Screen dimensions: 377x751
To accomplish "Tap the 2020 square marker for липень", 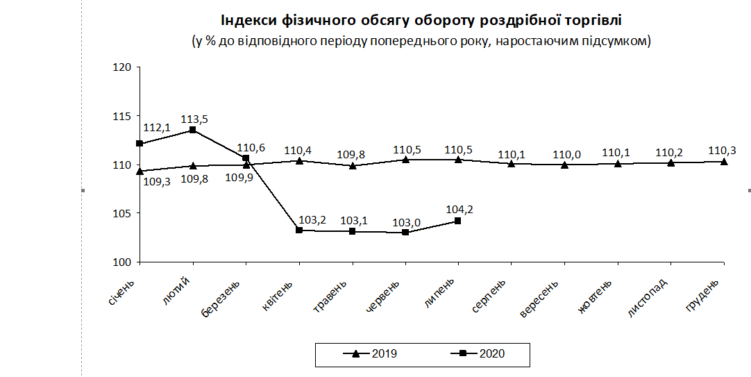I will (x=457, y=221).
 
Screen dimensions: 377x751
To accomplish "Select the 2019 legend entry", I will (x=373, y=353).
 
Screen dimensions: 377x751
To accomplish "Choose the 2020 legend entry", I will (x=482, y=353).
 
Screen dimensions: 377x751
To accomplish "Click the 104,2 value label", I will (x=460, y=208).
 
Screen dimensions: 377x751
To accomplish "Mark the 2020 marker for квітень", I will (x=299, y=230).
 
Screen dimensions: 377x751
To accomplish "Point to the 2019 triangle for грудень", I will (x=724, y=162).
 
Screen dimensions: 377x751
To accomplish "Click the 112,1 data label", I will (x=157, y=128).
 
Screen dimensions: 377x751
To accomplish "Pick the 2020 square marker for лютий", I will (x=193, y=130).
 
